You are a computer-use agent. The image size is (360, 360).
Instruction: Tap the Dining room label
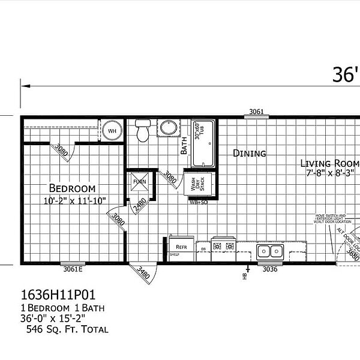[x=249, y=154]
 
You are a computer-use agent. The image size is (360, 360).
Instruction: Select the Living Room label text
[x=329, y=163]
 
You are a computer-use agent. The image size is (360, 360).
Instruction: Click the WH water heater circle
[x=112, y=130]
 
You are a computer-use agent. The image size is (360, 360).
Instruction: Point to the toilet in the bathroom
[x=142, y=131]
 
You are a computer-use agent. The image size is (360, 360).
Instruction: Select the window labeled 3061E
[x=72, y=269]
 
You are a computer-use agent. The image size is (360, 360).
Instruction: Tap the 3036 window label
[x=270, y=269]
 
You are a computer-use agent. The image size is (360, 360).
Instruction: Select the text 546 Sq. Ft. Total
[x=67, y=329]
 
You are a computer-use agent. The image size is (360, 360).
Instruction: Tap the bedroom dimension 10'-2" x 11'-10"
[x=71, y=200]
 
